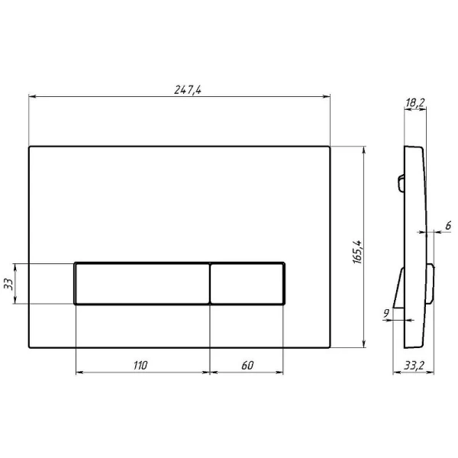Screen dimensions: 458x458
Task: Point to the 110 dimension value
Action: (139, 365)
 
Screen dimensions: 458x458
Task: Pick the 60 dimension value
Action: (247, 365)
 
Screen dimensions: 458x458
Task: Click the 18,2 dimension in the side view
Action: (415, 102)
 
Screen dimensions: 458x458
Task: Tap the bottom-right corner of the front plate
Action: (329, 348)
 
